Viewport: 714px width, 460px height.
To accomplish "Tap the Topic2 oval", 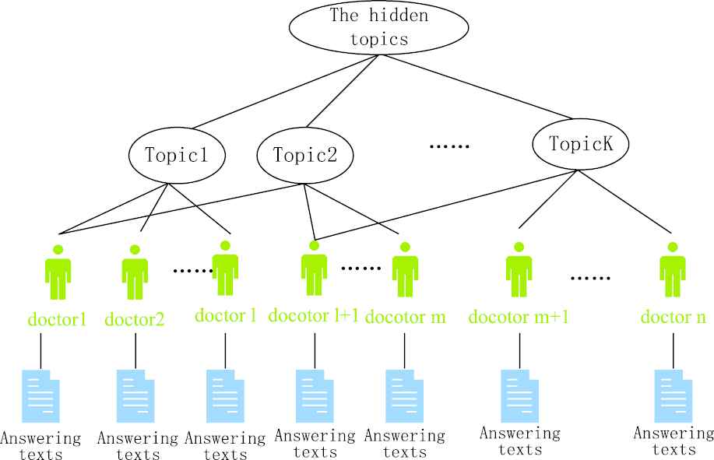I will coord(304,153).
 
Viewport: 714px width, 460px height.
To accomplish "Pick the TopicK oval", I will coord(581,144).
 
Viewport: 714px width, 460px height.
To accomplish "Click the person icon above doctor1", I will coord(58,272).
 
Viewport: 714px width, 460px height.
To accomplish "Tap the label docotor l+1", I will coord(314,316).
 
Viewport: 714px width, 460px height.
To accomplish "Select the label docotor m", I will coord(405,317).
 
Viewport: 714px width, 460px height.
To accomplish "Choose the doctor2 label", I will coord(134,318).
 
